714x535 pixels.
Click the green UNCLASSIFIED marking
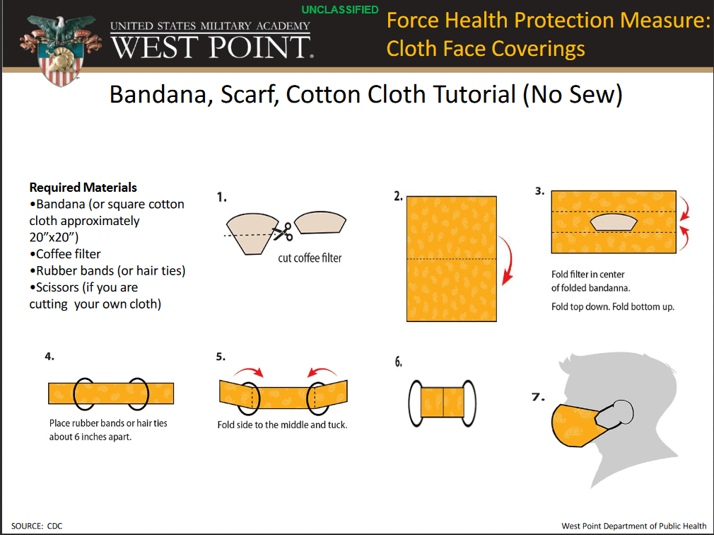(340, 10)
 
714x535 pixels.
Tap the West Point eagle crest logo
(61, 50)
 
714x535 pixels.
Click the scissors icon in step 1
(283, 231)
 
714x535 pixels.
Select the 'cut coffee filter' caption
(310, 258)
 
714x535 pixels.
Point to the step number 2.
(398, 197)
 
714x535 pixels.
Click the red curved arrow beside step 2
(511, 260)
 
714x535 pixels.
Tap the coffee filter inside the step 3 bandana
(614, 222)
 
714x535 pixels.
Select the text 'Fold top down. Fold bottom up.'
(612, 306)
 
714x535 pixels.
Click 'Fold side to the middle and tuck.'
(282, 425)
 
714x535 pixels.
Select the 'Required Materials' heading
(83, 188)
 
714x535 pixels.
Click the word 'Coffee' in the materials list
(53, 254)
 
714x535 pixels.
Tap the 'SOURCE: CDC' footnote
(37, 526)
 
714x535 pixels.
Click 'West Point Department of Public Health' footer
(634, 526)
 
